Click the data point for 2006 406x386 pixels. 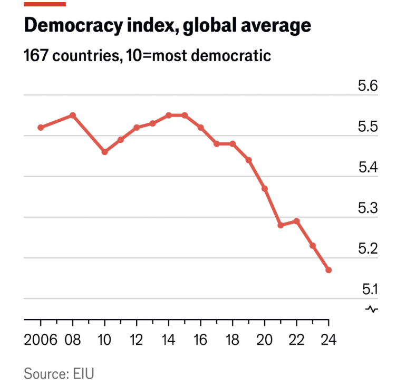tap(41, 127)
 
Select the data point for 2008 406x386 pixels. tap(73, 115)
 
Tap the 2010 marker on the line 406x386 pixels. tap(104, 152)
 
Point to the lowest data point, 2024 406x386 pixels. tap(328, 270)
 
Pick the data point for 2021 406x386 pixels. tap(281, 225)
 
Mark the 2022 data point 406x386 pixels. tap(296, 221)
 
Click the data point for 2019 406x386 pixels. tap(248, 160)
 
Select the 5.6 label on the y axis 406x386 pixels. tap(368, 86)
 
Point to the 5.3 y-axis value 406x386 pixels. tap(368, 208)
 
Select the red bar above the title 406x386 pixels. tap(45, 4)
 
